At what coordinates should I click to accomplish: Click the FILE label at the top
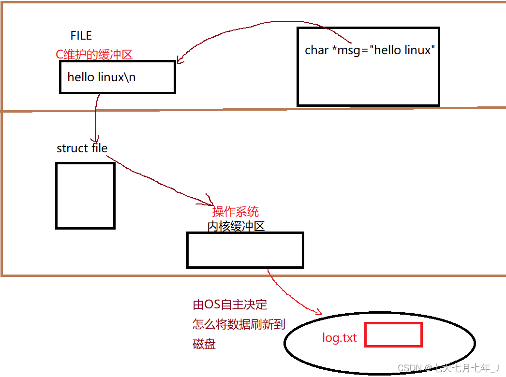(81, 35)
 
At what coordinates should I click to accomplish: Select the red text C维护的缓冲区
(94, 54)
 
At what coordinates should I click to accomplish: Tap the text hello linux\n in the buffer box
(101, 77)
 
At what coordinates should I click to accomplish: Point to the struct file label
(82, 148)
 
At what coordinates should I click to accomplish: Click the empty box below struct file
(85, 195)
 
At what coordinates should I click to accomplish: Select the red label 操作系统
(235, 211)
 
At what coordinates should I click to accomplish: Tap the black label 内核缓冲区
(236, 226)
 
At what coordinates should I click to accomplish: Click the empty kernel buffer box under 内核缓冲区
(245, 250)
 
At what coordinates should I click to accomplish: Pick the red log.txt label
(339, 337)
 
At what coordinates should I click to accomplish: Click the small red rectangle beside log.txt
(393, 334)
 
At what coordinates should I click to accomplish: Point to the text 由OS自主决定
(230, 304)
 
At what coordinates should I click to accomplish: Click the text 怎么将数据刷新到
(238, 324)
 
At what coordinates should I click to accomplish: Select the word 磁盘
(204, 344)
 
